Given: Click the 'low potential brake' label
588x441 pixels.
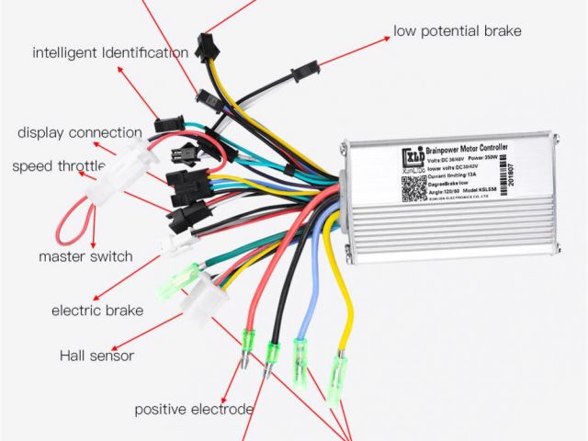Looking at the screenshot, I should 457,31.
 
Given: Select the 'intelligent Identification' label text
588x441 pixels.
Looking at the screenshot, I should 110,52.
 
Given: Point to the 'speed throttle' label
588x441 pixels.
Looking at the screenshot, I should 58,166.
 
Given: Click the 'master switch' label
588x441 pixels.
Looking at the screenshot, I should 85,256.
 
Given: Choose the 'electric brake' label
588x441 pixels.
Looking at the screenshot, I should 96,311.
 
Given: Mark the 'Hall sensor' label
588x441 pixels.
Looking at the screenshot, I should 96,356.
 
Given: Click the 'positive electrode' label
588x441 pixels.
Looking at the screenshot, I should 194,408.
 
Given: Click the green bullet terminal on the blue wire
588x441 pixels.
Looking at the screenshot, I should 300,353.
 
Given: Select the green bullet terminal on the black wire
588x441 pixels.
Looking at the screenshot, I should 273,354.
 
